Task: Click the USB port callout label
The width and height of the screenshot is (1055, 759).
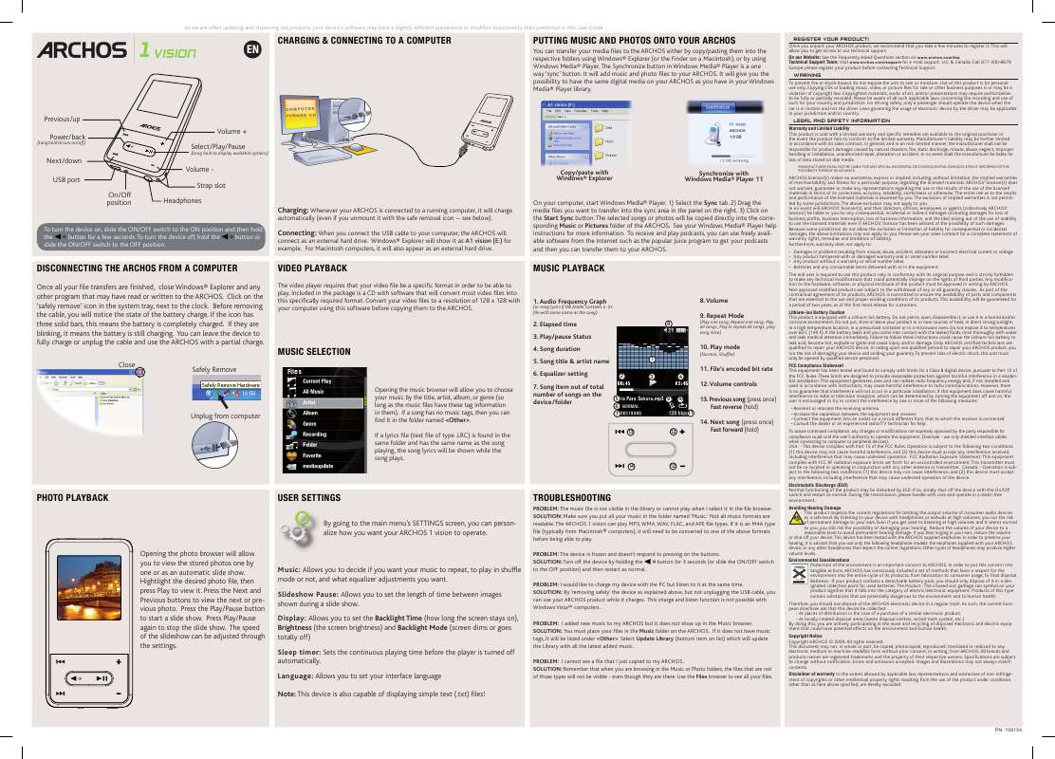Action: [67, 179]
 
